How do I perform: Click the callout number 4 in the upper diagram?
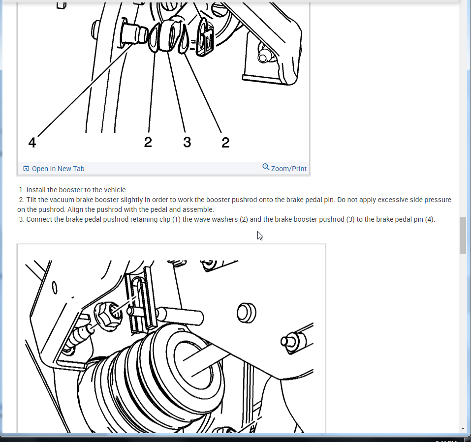32,142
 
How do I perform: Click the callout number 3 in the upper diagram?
187,142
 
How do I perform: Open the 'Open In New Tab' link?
58,169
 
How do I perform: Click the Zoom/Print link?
289,169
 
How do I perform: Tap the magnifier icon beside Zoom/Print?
266,167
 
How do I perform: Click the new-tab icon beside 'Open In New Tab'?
26,168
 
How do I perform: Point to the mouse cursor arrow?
260,236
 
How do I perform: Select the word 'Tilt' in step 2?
31,200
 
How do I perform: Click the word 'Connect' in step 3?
38,219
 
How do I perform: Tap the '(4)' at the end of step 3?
430,219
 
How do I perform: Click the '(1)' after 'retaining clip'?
176,219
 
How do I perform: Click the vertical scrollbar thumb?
463,236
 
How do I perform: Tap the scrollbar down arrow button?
463,429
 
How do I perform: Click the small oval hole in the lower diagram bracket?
54,288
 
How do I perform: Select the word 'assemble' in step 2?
198,209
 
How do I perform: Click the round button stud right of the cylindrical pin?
246,313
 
